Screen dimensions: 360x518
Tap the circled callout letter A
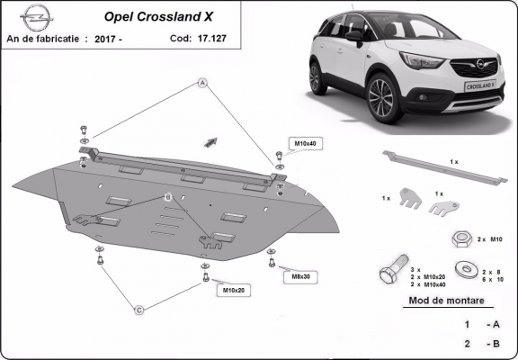[x=203, y=83]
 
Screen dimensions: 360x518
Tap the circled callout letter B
[x=167, y=196]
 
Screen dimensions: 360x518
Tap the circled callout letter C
[x=139, y=310]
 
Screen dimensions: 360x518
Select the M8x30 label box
[x=300, y=276]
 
